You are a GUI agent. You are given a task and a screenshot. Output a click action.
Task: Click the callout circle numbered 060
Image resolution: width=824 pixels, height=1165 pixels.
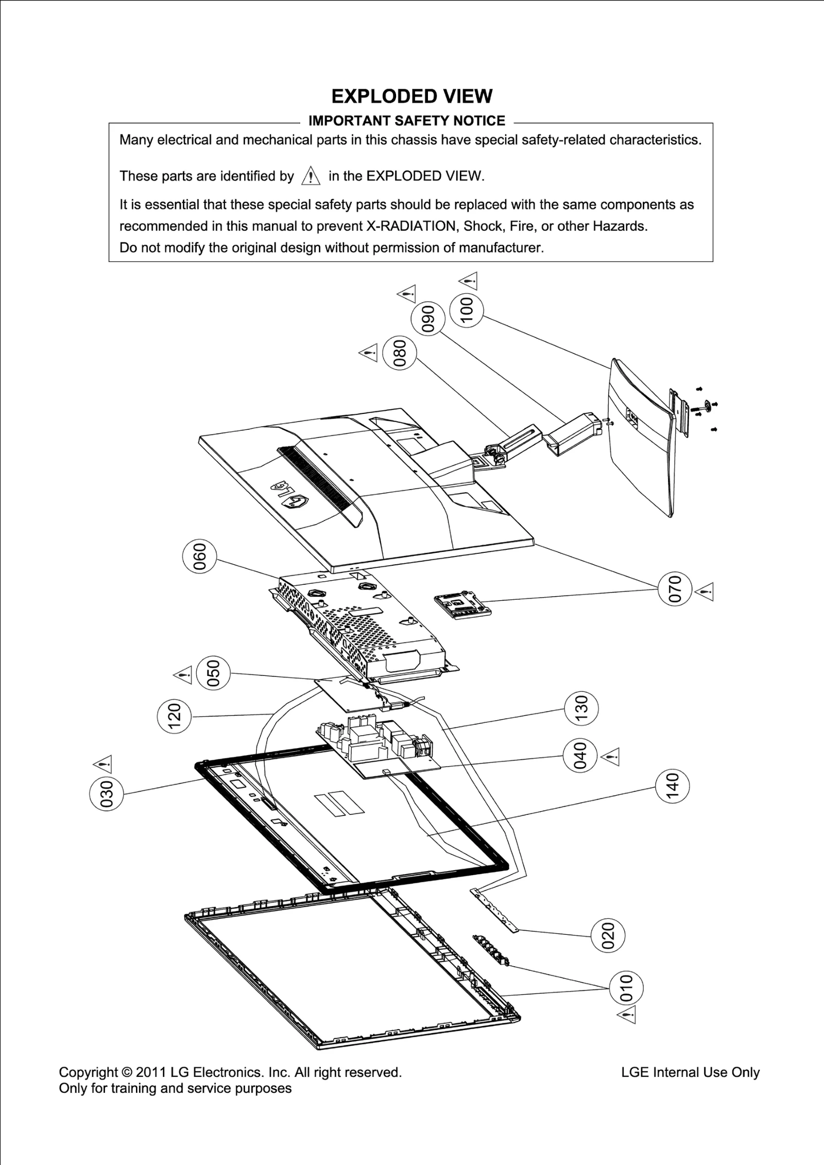(x=199, y=557)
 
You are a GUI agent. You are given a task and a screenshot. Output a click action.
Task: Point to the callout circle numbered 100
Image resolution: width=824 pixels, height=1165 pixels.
(x=466, y=309)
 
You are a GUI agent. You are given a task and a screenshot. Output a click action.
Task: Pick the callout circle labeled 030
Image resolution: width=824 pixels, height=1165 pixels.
(x=106, y=793)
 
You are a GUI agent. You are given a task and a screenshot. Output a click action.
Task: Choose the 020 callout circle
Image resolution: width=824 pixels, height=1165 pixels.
(x=608, y=935)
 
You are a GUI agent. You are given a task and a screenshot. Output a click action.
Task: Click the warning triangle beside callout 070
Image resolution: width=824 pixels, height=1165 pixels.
(x=705, y=592)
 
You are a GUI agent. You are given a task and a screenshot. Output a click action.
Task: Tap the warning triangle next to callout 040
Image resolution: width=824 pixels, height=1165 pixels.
(x=611, y=756)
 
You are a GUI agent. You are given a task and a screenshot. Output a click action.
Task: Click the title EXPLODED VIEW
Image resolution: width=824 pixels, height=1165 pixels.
(x=411, y=96)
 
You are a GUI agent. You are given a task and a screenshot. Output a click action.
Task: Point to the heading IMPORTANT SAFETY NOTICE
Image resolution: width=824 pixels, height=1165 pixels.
(x=406, y=121)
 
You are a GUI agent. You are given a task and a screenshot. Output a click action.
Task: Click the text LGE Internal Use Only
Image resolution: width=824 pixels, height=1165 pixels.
(x=690, y=1072)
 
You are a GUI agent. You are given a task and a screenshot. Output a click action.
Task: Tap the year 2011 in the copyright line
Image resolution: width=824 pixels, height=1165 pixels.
(x=151, y=1072)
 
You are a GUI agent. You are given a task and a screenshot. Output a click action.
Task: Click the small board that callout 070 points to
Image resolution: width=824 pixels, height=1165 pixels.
(x=462, y=605)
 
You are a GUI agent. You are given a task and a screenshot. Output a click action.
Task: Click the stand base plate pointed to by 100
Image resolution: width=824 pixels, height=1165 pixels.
(x=640, y=438)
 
